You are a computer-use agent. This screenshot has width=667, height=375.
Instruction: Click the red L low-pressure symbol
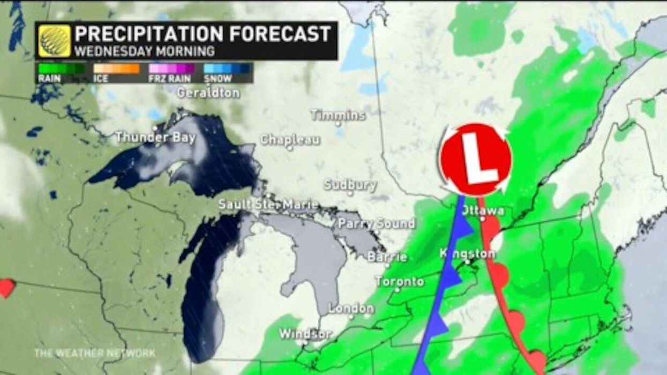(475, 159)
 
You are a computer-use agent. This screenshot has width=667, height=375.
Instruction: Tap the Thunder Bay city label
(155, 137)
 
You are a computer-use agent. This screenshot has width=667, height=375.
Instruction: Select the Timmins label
(338, 115)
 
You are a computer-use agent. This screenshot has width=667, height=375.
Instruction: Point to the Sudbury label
(350, 185)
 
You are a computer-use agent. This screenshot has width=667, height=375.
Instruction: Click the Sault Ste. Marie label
(268, 205)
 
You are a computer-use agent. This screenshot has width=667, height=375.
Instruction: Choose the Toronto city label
(400, 281)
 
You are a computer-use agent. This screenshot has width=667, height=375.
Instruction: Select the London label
(351, 309)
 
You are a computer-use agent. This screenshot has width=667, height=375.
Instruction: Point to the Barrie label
(387, 257)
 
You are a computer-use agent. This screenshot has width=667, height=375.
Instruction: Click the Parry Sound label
(377, 223)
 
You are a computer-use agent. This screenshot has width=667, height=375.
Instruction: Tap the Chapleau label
(290, 140)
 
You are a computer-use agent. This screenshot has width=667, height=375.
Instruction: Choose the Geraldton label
(208, 92)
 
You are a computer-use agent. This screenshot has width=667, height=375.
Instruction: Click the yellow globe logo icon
(55, 41)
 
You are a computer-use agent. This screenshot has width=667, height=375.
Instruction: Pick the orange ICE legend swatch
(116, 69)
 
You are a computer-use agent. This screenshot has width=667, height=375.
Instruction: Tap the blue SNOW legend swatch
(227, 69)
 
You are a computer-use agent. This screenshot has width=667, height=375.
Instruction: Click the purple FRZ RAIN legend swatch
(171, 69)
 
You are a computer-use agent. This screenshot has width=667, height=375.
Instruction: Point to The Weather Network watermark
(95, 353)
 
